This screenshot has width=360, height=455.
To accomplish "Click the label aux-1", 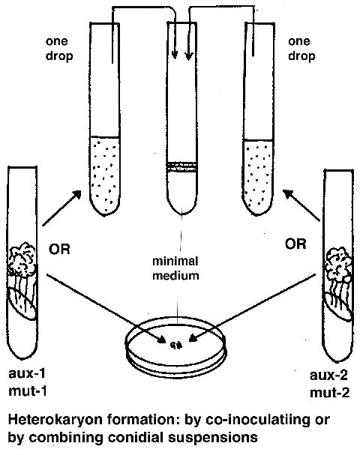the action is coord(27,373).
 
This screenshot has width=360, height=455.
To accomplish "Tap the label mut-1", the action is coord(28,391).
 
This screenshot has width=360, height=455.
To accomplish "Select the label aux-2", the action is coord(328,376).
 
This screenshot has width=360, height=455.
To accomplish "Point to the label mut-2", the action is coord(329,393).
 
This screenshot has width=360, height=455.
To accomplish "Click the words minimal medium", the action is coord(175,268).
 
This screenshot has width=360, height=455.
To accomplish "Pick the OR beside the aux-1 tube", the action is coord(59,249).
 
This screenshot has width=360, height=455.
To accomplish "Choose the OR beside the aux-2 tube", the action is coord(295,244).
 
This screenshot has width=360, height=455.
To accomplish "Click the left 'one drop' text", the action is coord(59,49).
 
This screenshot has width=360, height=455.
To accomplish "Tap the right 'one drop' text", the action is coord(301,49).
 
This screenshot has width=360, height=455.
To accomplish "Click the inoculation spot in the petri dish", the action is coord(176,345).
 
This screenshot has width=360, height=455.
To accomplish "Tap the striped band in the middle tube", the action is coord(182,167).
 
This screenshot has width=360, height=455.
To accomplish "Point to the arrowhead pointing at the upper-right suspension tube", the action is coord(288,194).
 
